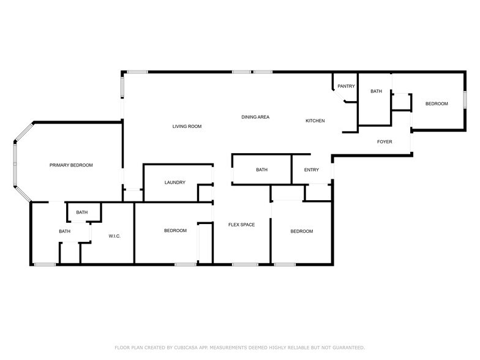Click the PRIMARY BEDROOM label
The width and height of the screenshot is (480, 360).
coord(71,165)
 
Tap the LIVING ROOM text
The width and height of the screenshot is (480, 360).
coord(187,126)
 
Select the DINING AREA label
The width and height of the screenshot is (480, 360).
coord(255,117)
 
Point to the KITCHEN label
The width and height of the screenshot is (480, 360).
coord(315,121)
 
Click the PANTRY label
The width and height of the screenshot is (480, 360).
coord(347,86)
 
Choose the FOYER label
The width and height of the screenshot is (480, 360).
coord(384,142)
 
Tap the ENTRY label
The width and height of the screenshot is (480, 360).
coord(311,170)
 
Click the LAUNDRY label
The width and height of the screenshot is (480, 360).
coord(175,182)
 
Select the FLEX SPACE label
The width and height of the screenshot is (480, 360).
coord(241,225)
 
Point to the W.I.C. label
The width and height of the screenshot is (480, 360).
coord(114,236)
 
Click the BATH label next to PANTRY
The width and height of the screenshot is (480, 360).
coord(376,91)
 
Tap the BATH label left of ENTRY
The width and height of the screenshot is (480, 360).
coord(262,170)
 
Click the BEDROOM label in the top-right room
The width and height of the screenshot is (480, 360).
coord(437,104)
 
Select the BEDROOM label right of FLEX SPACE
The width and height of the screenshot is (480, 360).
coord(301,231)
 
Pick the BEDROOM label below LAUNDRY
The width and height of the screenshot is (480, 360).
coord(175,230)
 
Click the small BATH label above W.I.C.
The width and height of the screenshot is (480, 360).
coord(82,212)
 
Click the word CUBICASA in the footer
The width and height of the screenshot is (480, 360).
coord(186,348)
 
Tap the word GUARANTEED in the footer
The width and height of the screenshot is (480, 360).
coord(349,348)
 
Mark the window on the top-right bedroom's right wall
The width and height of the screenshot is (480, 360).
coord(465,99)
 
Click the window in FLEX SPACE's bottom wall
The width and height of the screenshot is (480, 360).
coord(245,264)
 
